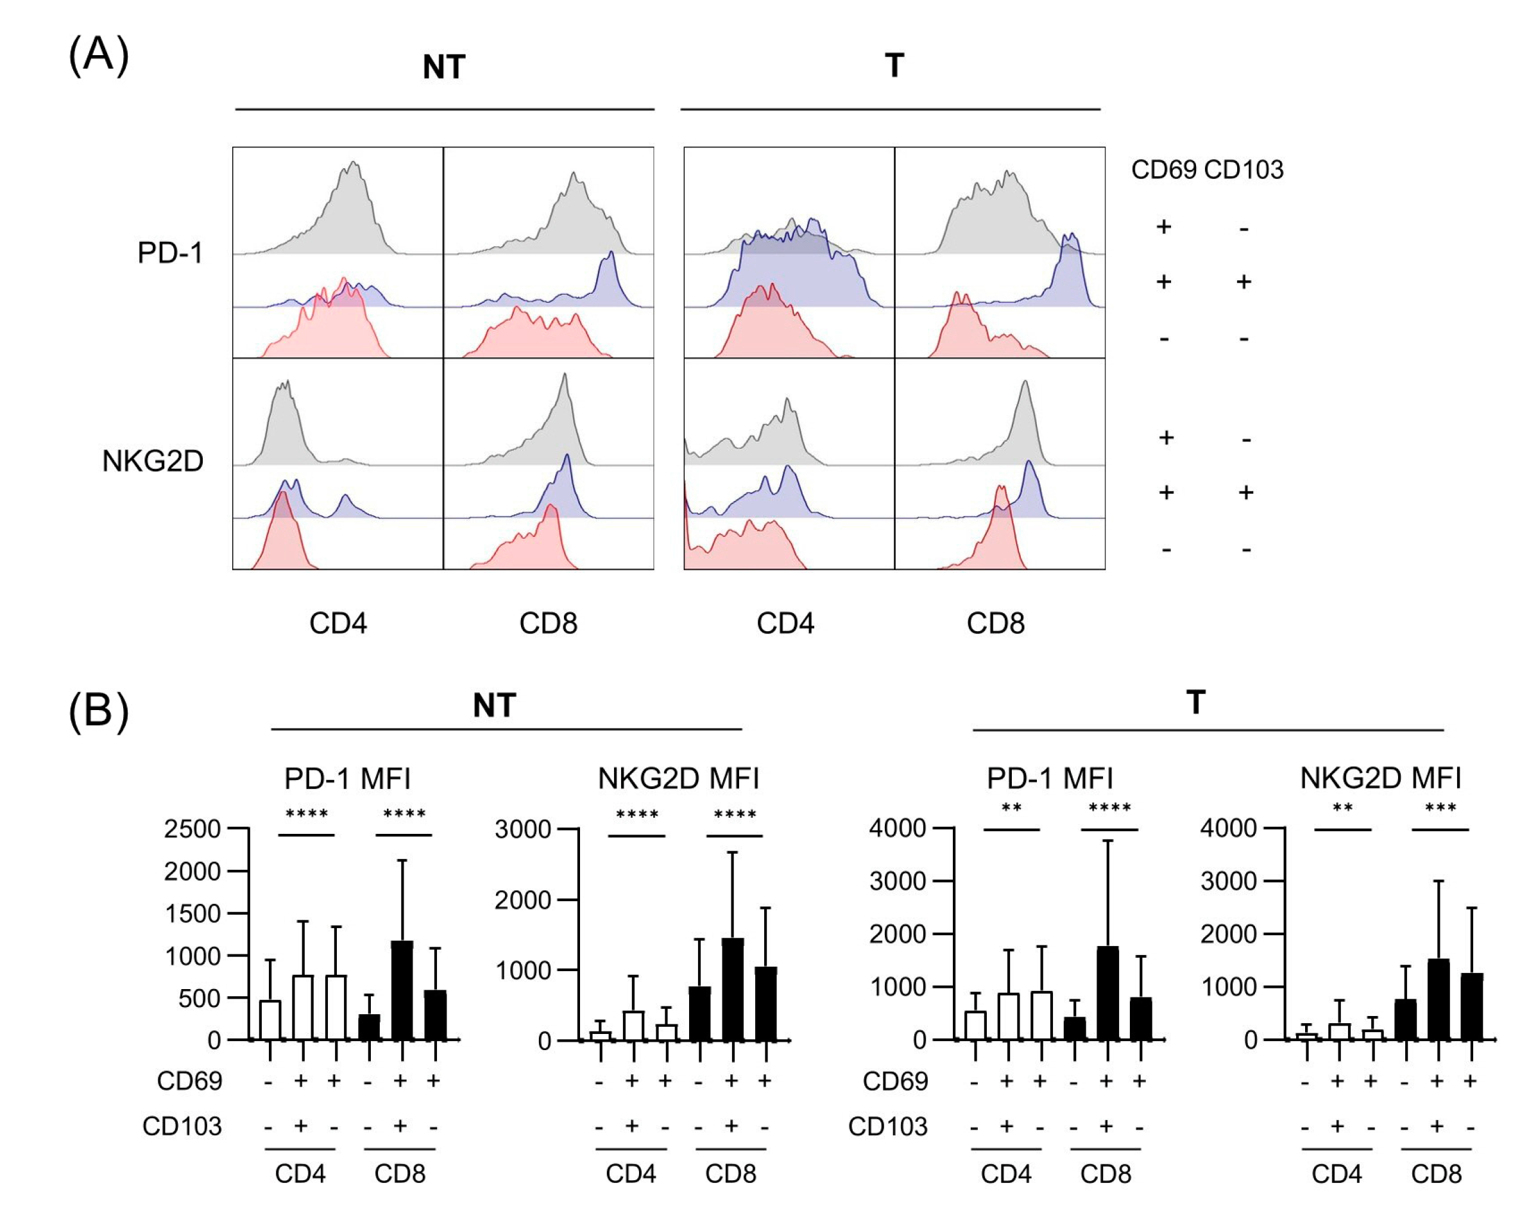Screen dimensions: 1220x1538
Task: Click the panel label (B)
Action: point(98,711)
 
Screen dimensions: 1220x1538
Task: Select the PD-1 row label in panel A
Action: point(170,253)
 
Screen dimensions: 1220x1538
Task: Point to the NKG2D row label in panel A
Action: point(153,461)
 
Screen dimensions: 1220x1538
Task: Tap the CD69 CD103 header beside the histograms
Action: point(1207,170)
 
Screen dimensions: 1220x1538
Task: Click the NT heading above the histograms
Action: point(444,67)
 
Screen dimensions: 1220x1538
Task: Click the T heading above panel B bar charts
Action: point(1195,702)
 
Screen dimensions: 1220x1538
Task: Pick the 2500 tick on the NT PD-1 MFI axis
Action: point(192,829)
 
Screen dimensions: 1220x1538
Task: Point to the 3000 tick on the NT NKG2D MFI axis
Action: point(522,829)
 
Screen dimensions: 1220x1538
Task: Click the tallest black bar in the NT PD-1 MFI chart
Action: point(402,991)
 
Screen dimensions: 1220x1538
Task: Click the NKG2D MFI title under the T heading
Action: point(1380,778)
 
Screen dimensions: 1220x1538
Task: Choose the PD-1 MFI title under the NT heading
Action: point(347,779)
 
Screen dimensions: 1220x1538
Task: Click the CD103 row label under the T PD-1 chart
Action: point(887,1126)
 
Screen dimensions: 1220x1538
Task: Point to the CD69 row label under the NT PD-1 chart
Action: point(189,1081)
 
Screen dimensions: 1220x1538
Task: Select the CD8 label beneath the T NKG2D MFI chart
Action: point(1436,1174)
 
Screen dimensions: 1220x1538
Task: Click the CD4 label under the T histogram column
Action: point(785,624)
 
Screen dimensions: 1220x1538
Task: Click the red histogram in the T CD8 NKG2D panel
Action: point(998,535)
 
